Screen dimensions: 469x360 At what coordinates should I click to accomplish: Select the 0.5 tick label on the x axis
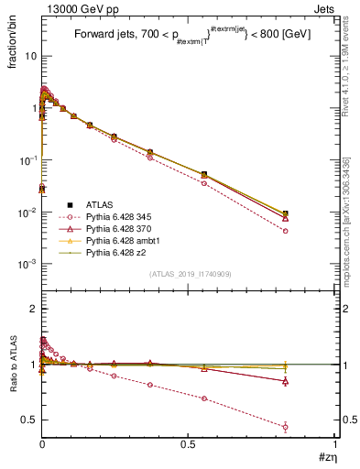(189, 446)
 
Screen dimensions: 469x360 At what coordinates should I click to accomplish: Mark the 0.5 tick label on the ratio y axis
(29, 420)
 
